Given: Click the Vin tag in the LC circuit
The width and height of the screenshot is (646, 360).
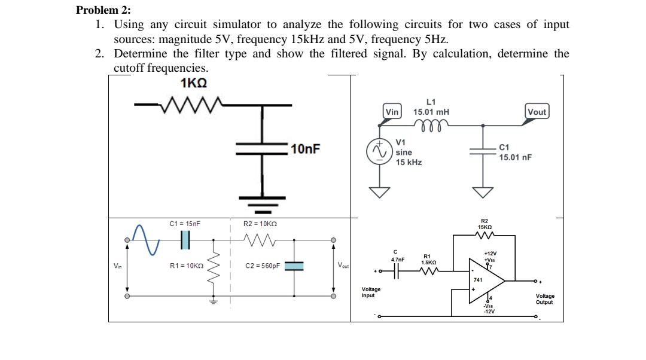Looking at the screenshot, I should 392,112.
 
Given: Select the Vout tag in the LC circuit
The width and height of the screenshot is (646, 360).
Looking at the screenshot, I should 537,112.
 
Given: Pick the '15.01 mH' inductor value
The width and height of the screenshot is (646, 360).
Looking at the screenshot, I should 431,112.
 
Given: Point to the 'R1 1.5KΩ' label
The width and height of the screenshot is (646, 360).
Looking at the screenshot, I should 427,260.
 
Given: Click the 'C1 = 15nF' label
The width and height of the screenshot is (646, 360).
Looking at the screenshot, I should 184,224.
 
